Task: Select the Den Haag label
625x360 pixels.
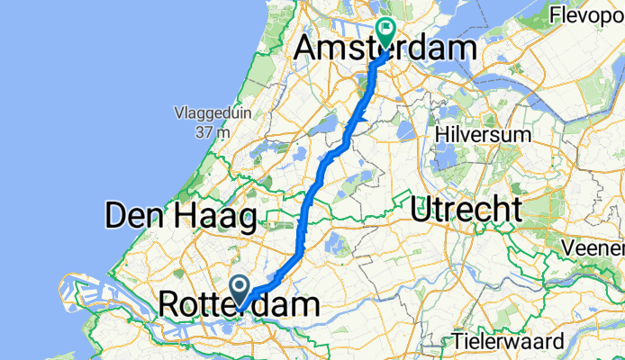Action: [180, 215]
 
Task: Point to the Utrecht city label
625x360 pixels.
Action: [466, 210]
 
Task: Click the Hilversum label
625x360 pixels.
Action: [482, 133]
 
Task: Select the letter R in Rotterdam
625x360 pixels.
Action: [170, 304]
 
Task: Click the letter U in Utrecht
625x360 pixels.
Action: [421, 210]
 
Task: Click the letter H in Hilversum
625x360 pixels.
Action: [440, 133]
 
